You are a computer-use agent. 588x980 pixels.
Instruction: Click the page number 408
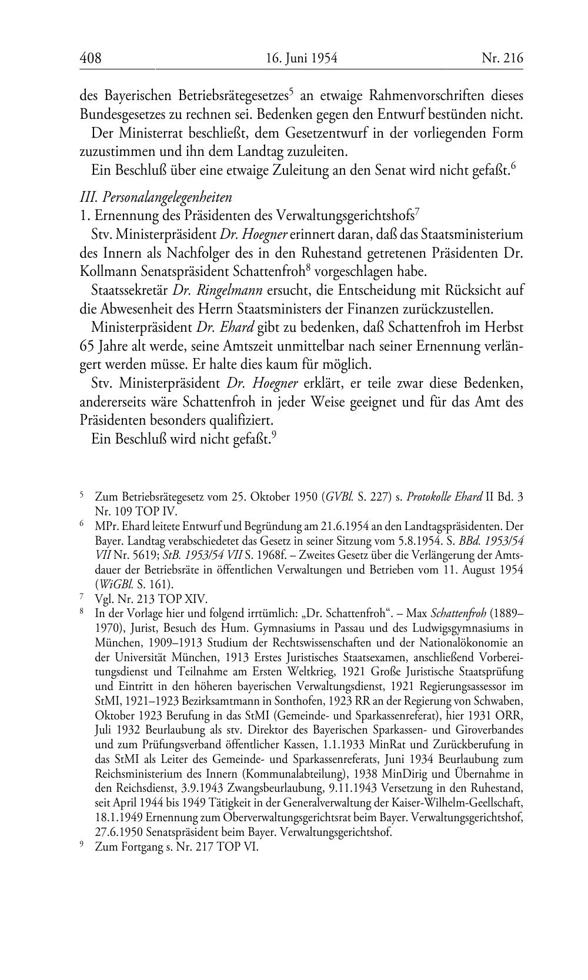(91, 58)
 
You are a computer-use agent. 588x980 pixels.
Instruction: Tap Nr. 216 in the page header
(502, 58)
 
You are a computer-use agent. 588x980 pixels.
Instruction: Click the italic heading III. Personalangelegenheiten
(156, 197)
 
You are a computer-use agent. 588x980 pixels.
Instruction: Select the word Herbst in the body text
(504, 327)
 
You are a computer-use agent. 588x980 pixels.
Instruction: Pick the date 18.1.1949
(118, 818)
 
